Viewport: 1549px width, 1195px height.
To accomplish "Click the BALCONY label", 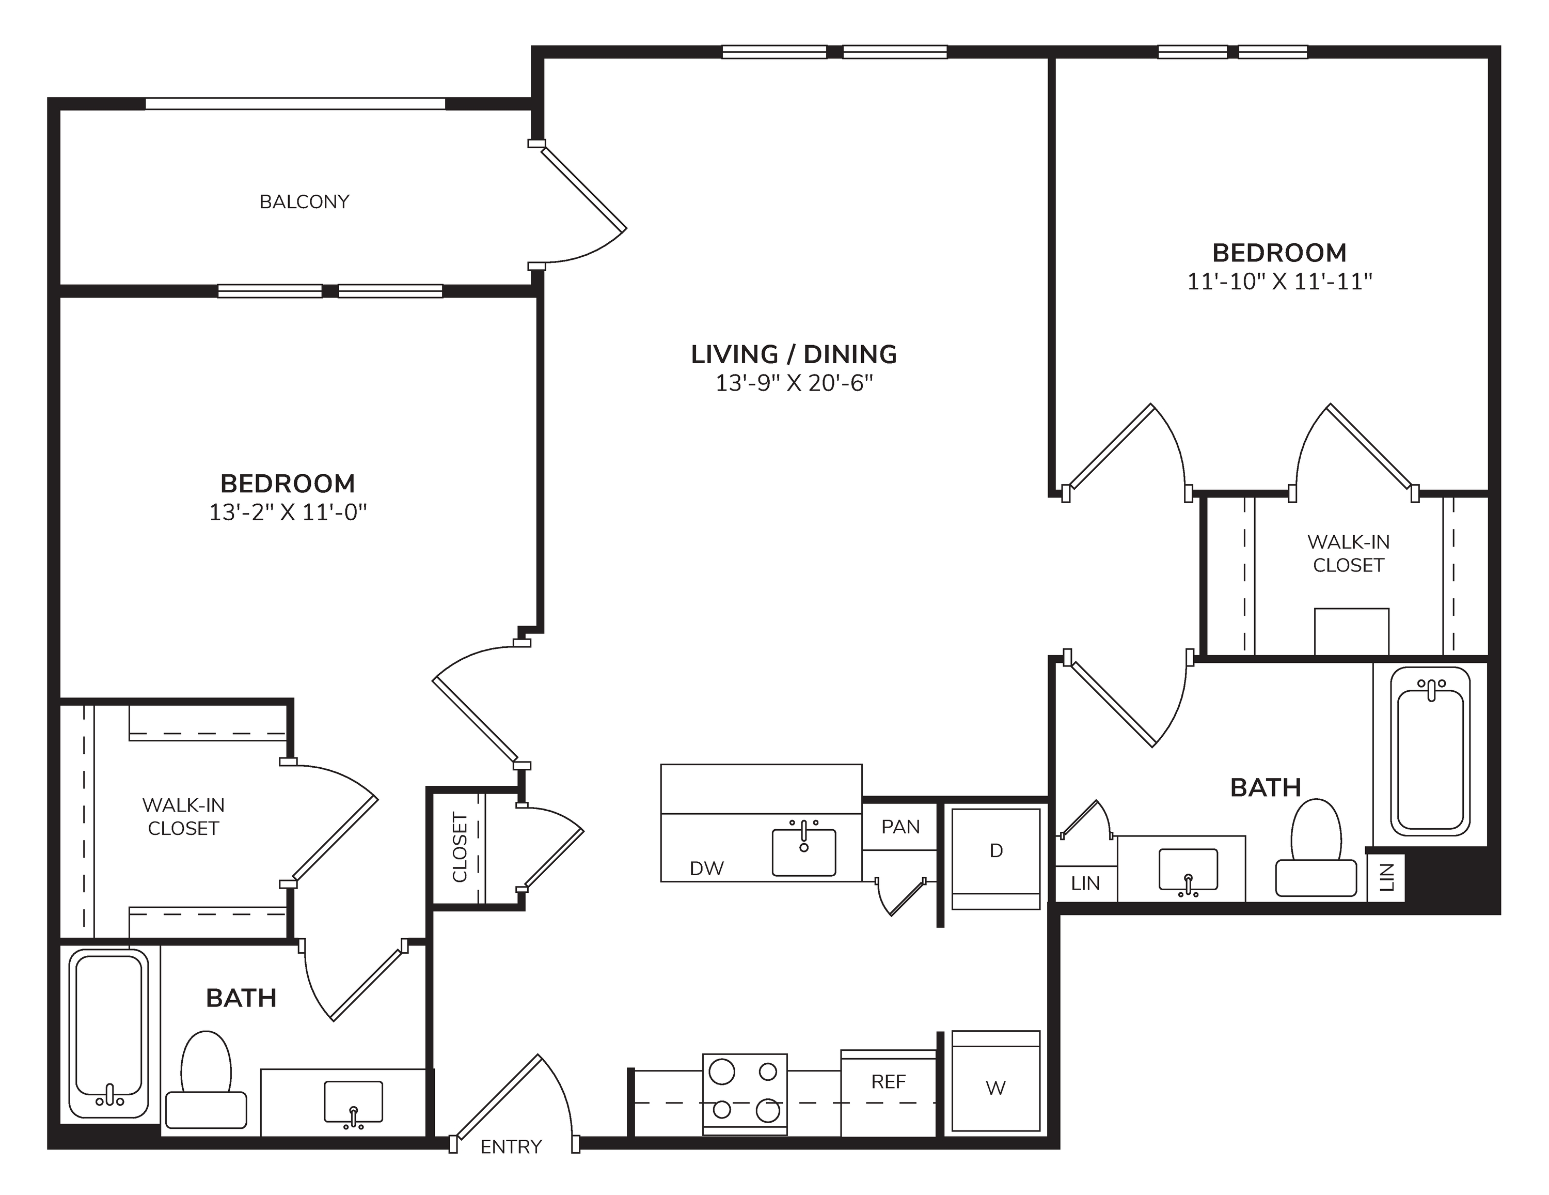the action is coord(304,202).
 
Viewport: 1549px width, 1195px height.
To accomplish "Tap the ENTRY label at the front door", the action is coord(511,1147).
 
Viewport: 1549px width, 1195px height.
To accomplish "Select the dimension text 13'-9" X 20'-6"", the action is coord(794,384).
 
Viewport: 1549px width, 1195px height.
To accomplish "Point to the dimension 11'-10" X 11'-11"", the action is coord(1280,282).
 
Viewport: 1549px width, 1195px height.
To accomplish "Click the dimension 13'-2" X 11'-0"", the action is coord(288,513).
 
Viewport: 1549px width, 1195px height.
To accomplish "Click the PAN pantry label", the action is coord(901,827).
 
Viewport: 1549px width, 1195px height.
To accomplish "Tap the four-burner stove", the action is coord(745,1094).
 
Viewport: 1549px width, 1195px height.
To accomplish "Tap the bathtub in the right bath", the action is coord(1430,751).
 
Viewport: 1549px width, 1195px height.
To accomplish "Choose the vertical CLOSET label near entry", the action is coord(460,847).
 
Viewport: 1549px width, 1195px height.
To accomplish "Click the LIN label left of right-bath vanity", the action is coord(1086,883).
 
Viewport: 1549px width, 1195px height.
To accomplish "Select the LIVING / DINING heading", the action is coord(794,354).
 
